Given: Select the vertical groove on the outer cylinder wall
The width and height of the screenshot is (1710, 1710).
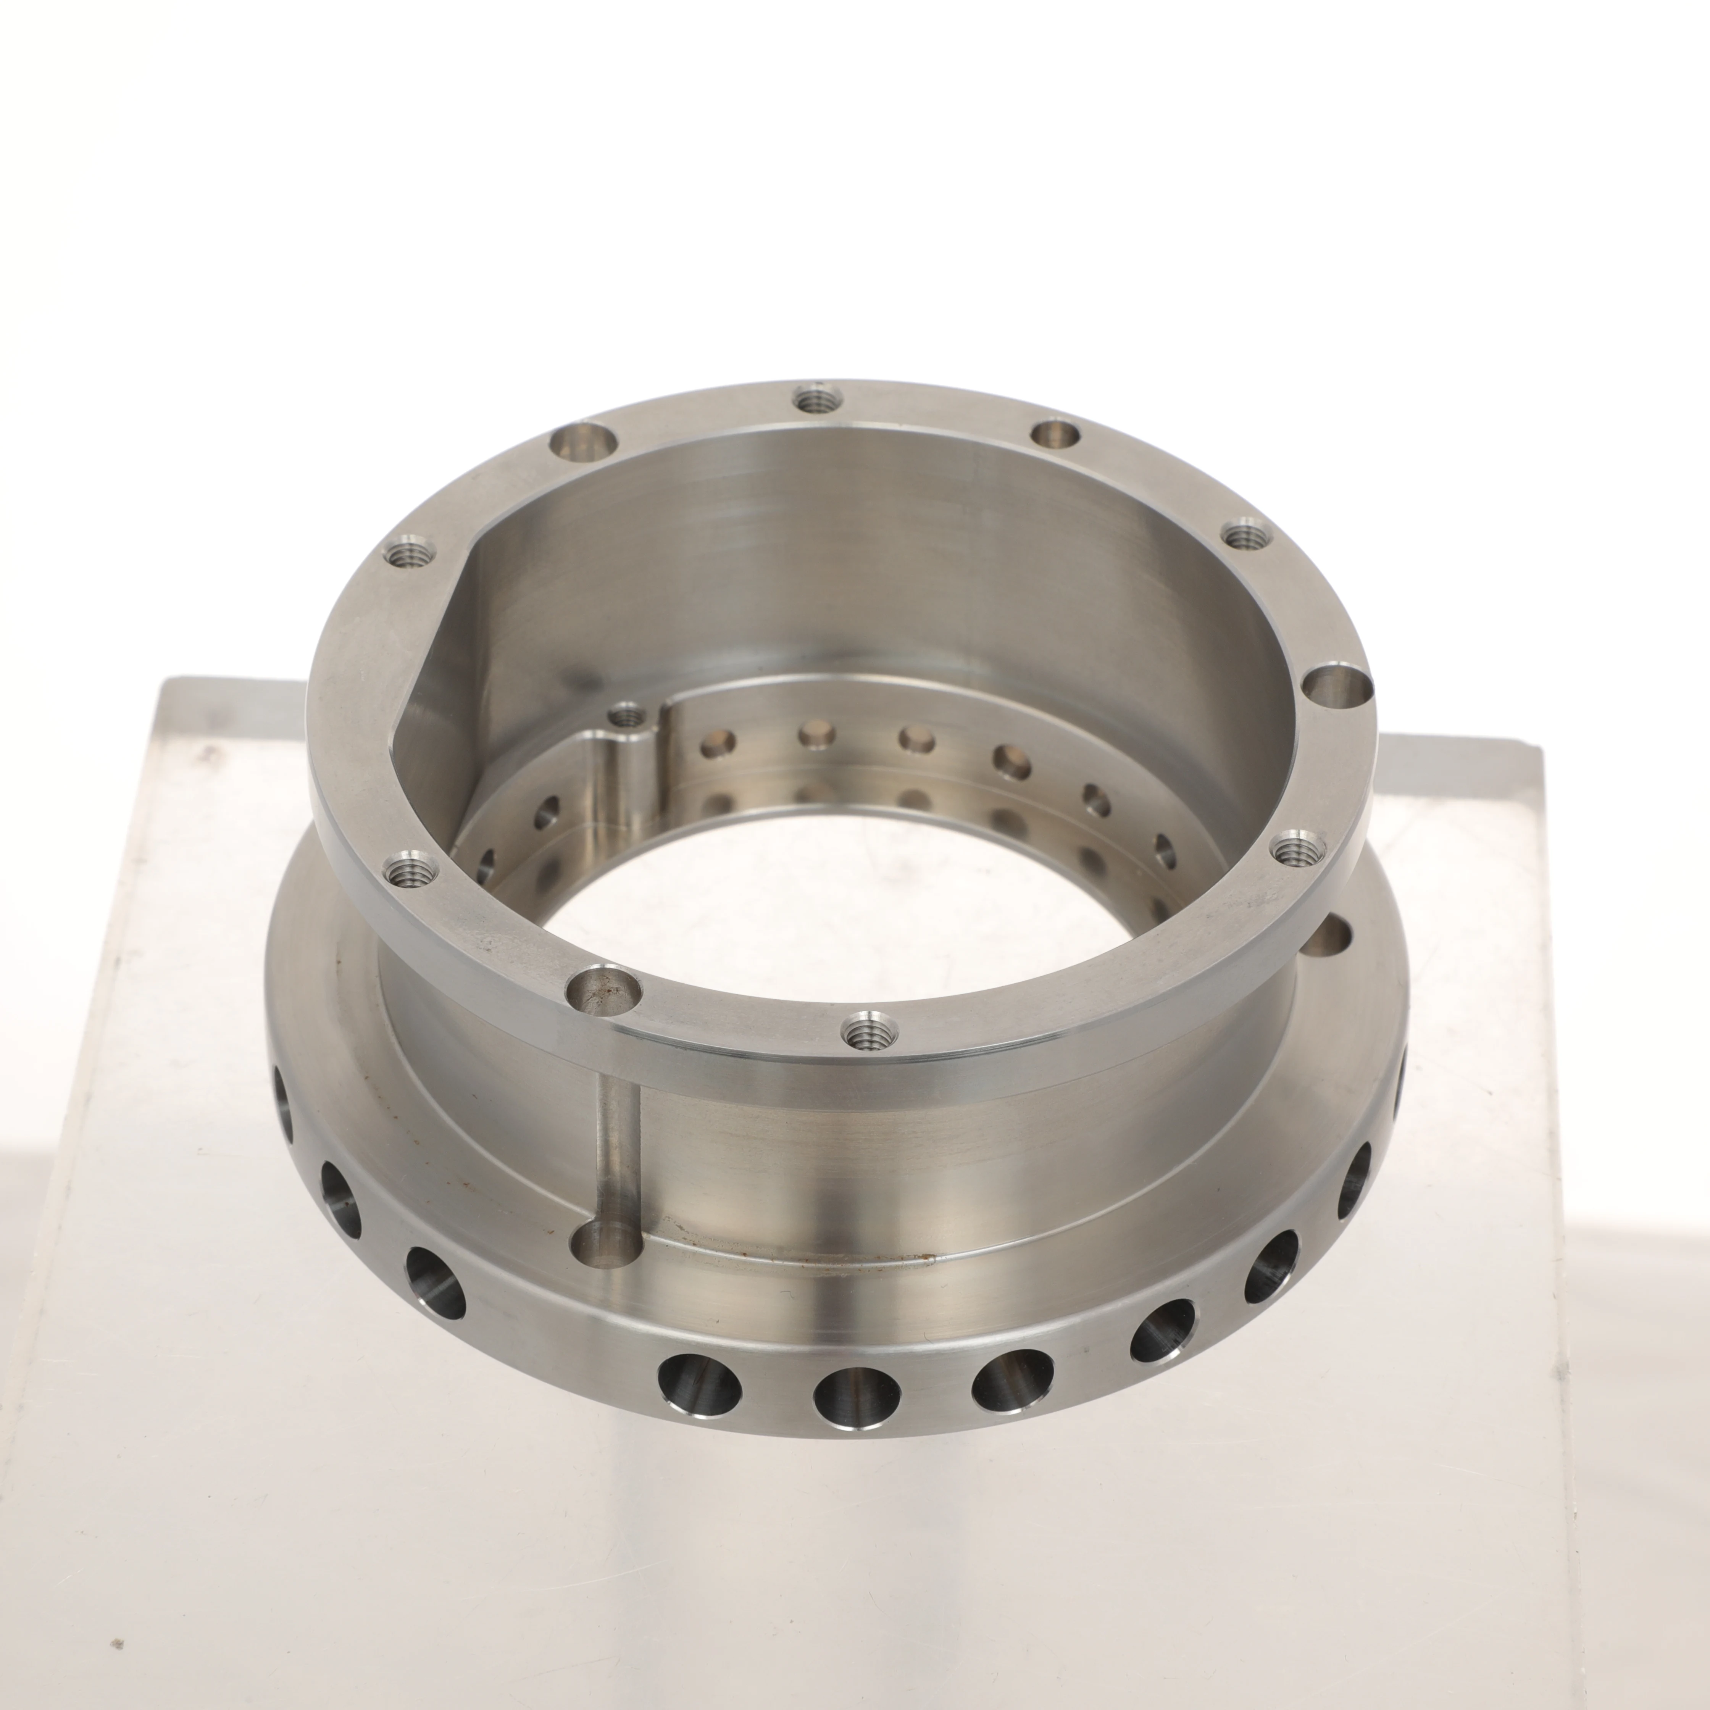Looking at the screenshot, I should [x=617, y=1142].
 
